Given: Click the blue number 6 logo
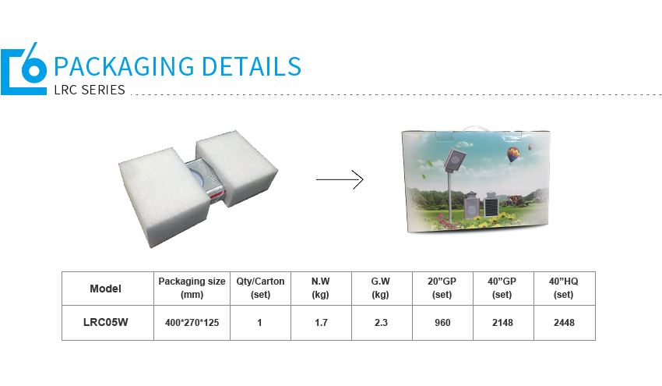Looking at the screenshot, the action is (x=23, y=69).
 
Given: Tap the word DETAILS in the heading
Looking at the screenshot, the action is (x=252, y=67).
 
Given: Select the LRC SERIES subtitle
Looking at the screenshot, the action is (x=90, y=90).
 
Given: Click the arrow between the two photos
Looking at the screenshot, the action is (x=340, y=179).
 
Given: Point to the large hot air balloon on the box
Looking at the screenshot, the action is (x=513, y=154).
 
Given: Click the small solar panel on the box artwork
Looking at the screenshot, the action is (x=491, y=205).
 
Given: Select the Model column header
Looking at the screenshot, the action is (x=106, y=289).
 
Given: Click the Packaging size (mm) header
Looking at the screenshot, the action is (x=192, y=288).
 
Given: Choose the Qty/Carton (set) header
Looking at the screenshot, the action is (x=260, y=288).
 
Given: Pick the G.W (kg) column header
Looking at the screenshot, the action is (x=380, y=288).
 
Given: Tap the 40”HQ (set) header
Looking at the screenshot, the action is (x=564, y=288).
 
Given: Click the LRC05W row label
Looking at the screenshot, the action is (x=106, y=322).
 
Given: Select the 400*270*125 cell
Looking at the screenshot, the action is (x=192, y=323).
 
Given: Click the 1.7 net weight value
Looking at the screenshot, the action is (x=321, y=323).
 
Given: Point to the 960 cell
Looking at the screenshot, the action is (x=442, y=323).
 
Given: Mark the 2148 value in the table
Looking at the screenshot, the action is (x=502, y=323).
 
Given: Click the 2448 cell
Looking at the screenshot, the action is (x=564, y=323).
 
